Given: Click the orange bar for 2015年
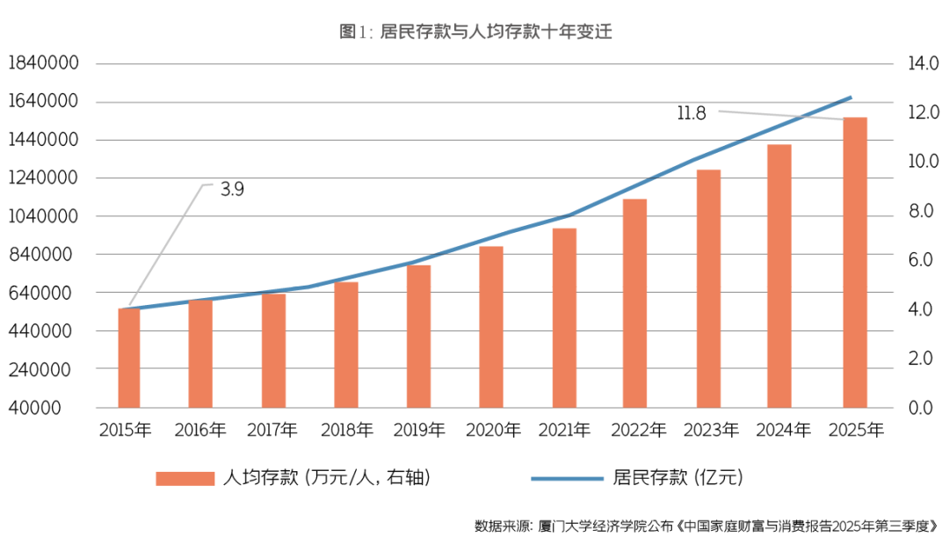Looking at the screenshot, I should [129, 358].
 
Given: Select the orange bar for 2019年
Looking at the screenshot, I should [418, 336].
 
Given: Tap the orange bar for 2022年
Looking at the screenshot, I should [635, 303].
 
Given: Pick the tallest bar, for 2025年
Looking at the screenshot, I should [855, 262].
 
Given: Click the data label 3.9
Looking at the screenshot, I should [232, 189].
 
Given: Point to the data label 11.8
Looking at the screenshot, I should [692, 113].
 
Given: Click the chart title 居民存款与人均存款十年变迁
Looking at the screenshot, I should [474, 33].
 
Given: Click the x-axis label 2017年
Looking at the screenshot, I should [272, 431].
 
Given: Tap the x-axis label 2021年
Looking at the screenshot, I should [564, 431].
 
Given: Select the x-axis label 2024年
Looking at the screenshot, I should [783, 431].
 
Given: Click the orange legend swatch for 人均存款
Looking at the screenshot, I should [185, 478].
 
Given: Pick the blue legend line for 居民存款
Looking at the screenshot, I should [567, 478].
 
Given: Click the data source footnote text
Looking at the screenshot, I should [706, 526].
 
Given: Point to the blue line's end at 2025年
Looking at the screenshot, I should [851, 98].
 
